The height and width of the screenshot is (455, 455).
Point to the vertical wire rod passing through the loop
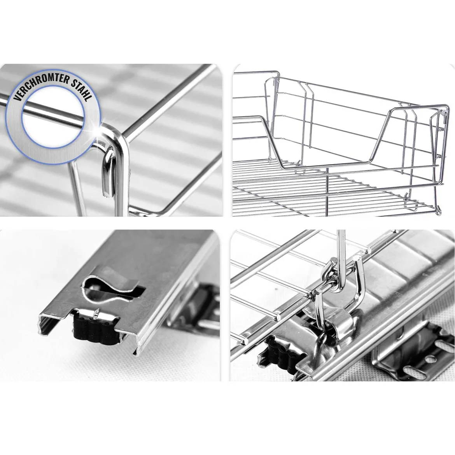341,261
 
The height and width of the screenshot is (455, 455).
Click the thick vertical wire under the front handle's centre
327,191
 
